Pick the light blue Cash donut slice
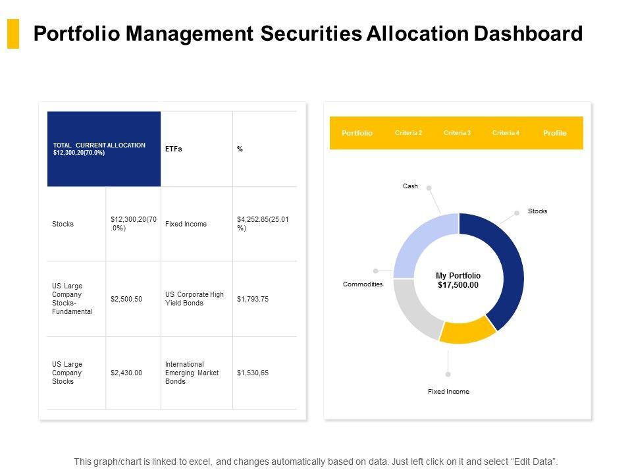pos(421,244)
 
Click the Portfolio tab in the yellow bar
pos(357,133)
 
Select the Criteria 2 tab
pos(408,133)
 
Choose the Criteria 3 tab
pos(457,133)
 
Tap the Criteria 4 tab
pos(506,133)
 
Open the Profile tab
pos(554,133)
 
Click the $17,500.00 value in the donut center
pos(458,285)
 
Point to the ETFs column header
pos(174,149)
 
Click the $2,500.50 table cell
pos(126,299)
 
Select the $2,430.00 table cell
pos(126,373)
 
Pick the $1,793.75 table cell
pos(253,299)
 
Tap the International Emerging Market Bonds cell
pos(185,373)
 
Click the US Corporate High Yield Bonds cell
pos(194,299)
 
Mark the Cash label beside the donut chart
pos(410,186)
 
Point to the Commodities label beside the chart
pos(363,284)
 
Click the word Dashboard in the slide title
pos(532,34)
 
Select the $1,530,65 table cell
pos(253,373)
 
